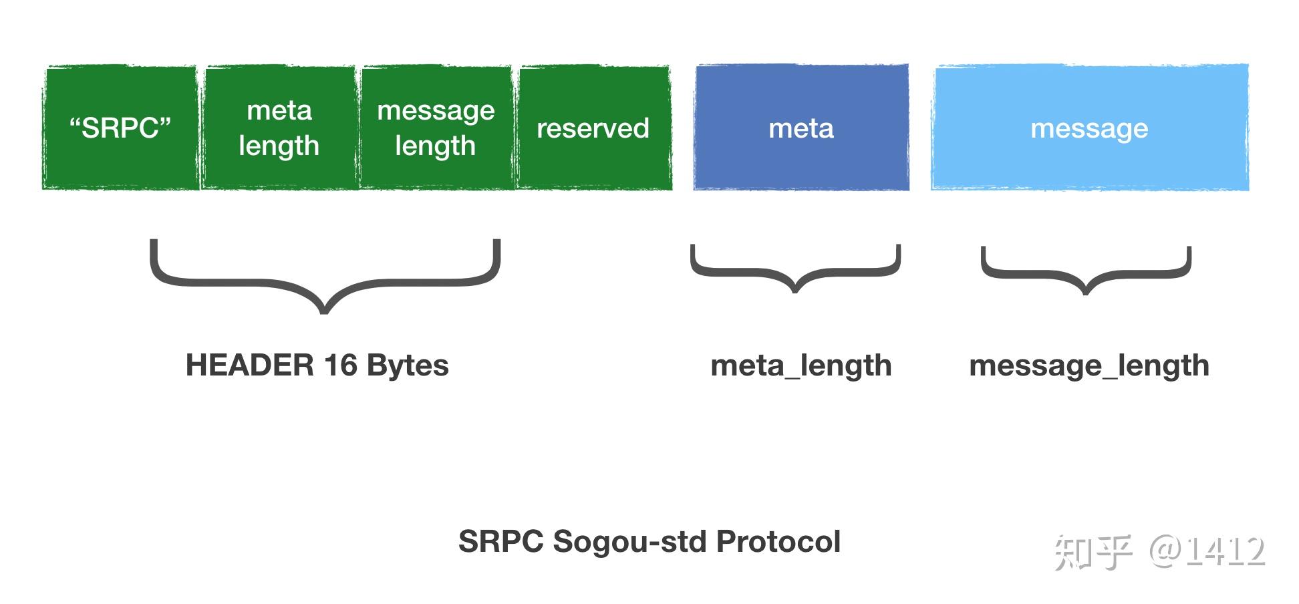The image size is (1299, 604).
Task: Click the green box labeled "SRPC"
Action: pyautogui.click(x=120, y=128)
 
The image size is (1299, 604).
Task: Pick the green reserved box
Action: pyautogui.click(x=593, y=128)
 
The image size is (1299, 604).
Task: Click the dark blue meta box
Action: pyautogui.click(x=801, y=128)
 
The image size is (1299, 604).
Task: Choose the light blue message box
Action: pyautogui.click(x=1089, y=128)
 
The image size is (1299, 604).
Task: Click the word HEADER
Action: pyautogui.click(x=249, y=365)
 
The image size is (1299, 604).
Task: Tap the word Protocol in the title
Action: pyautogui.click(x=778, y=541)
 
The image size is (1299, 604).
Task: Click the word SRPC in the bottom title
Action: pyautogui.click(x=501, y=541)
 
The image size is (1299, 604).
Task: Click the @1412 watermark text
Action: pyautogui.click(x=1207, y=551)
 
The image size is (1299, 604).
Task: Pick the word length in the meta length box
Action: pyautogui.click(x=279, y=146)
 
